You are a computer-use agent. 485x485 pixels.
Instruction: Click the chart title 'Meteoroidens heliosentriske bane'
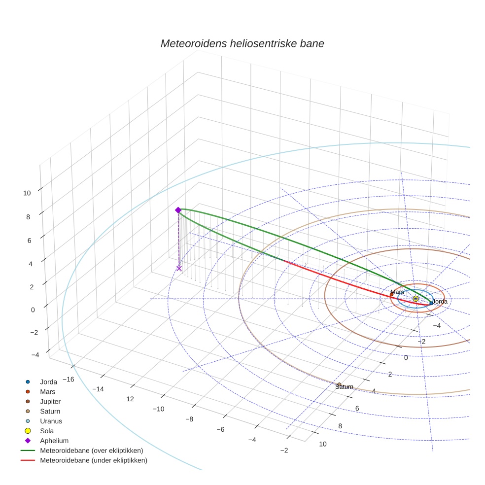pyautogui.click(x=242, y=43)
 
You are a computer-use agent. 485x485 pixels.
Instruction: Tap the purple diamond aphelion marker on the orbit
pyautogui.click(x=178, y=210)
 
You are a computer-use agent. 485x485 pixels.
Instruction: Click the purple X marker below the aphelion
pyautogui.click(x=179, y=268)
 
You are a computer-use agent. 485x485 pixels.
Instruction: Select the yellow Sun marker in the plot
pyautogui.click(x=416, y=299)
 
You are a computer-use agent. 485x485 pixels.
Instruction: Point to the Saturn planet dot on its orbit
pyautogui.click(x=339, y=384)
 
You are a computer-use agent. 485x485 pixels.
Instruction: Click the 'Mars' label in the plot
pyautogui.click(x=397, y=292)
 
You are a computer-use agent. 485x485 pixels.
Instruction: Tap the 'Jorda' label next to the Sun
pyautogui.click(x=439, y=301)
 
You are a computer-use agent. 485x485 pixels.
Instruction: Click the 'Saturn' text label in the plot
pyautogui.click(x=344, y=387)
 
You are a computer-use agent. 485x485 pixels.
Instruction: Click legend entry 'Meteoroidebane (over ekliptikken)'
pyautogui.click(x=92, y=450)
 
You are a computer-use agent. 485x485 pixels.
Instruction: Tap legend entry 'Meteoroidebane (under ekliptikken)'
pyautogui.click(x=94, y=460)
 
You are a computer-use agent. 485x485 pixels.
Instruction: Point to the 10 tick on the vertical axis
pyautogui.click(x=27, y=193)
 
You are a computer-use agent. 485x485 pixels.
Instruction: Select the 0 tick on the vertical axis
pyautogui.click(x=33, y=310)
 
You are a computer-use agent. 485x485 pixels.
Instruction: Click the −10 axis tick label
pyautogui.click(x=158, y=409)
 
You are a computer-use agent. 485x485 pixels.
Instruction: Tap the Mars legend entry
pyautogui.click(x=48, y=391)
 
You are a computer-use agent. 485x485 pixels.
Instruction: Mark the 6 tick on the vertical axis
pyautogui.click(x=29, y=240)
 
